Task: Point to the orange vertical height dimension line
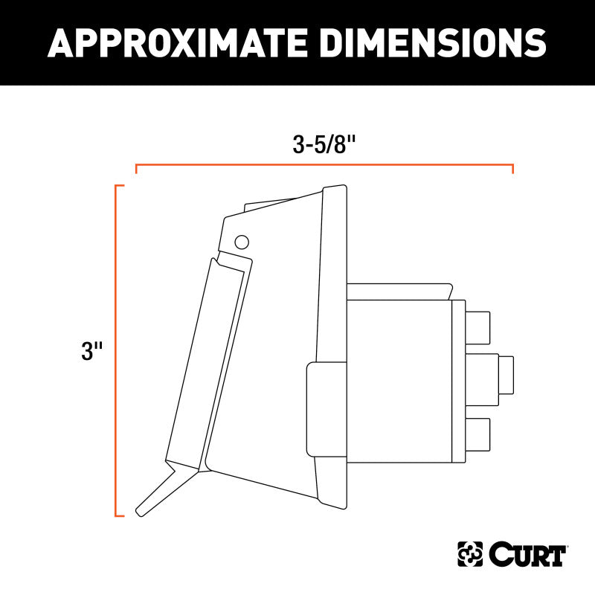(116, 350)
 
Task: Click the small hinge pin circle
(240, 242)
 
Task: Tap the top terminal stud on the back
(478, 325)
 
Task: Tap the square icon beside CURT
(469, 554)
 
